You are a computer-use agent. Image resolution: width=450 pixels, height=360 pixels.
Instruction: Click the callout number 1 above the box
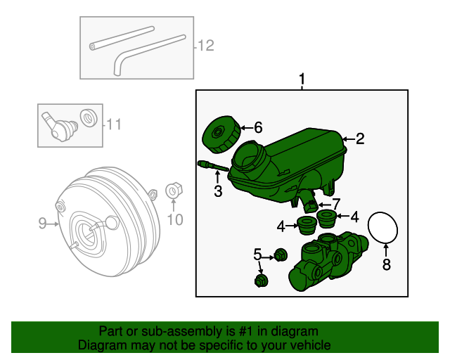point(302,80)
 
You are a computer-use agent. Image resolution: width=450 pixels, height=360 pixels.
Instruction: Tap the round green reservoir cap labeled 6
point(218,134)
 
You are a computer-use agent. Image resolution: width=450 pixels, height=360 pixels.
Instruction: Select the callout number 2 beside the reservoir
point(360,139)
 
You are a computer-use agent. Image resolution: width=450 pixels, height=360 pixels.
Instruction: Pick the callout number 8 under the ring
point(385,264)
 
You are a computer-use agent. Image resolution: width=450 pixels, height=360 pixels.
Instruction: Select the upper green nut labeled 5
point(280,254)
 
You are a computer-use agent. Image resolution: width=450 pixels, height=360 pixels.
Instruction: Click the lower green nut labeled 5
point(259,282)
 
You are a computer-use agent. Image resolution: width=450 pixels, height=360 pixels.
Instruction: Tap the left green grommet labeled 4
point(307,226)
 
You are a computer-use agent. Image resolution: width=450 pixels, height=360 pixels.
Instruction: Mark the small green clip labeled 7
point(310,205)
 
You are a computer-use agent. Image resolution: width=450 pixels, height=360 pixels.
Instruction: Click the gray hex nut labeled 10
point(172,191)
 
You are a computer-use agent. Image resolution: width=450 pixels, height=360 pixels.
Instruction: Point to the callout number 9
point(42,224)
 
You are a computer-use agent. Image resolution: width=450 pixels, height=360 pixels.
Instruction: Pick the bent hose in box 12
point(144,51)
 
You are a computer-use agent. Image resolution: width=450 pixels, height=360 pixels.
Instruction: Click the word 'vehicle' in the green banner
point(305,345)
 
